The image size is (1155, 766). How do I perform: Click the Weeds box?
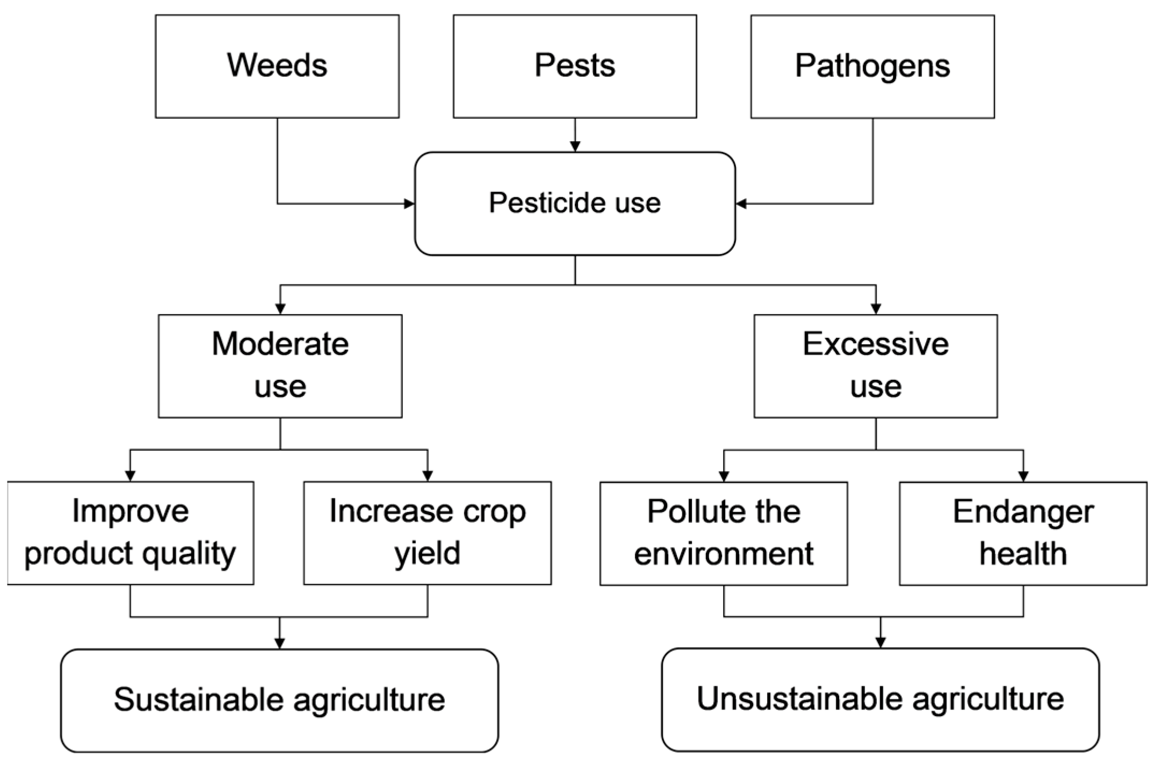(x=277, y=66)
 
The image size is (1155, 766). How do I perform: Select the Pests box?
(x=575, y=66)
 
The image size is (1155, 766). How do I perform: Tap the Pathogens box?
(x=872, y=66)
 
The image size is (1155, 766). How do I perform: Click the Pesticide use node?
(x=575, y=204)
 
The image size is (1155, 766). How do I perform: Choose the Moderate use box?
(x=280, y=366)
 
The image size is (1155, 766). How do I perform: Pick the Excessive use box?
(x=876, y=366)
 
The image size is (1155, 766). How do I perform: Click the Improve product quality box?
(x=130, y=533)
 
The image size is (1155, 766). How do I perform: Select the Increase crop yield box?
(x=427, y=533)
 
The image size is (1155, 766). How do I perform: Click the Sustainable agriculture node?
(x=279, y=700)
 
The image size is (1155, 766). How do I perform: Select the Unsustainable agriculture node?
(x=880, y=699)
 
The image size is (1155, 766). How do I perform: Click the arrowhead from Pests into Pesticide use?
(x=575, y=146)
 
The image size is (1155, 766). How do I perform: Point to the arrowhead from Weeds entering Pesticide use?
(x=409, y=204)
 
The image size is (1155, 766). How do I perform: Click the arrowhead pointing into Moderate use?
(x=280, y=309)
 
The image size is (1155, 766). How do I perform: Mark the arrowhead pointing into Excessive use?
(x=876, y=309)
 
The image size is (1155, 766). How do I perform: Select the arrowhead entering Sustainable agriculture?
(x=279, y=643)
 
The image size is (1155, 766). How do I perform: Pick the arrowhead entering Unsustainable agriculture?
(x=880, y=642)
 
